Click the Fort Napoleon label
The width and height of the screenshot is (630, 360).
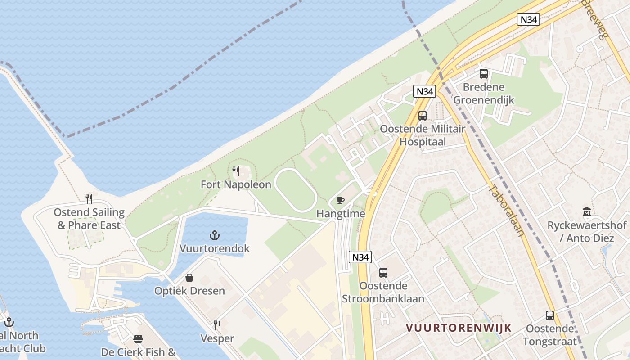(x=236, y=184)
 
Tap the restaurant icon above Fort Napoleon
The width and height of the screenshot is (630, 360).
(x=235, y=171)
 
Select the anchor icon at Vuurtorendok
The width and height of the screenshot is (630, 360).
(x=215, y=235)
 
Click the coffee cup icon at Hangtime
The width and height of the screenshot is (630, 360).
(x=341, y=201)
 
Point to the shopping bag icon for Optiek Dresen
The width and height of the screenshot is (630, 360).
(x=189, y=278)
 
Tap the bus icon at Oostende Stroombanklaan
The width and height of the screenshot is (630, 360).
(x=383, y=273)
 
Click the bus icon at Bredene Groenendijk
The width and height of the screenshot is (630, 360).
(x=484, y=74)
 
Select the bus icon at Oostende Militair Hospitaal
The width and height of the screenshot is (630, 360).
(x=422, y=116)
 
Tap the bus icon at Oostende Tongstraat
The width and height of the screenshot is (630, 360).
(x=549, y=315)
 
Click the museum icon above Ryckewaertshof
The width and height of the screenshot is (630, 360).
(x=587, y=211)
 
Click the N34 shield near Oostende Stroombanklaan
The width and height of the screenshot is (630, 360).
(x=360, y=257)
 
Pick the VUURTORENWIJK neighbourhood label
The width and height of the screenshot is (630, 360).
(x=459, y=328)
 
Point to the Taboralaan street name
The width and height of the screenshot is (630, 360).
(x=507, y=211)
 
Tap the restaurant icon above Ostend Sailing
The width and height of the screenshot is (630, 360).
(x=89, y=199)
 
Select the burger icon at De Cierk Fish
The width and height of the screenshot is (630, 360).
(x=138, y=339)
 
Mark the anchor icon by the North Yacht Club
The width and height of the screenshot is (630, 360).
(x=9, y=322)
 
